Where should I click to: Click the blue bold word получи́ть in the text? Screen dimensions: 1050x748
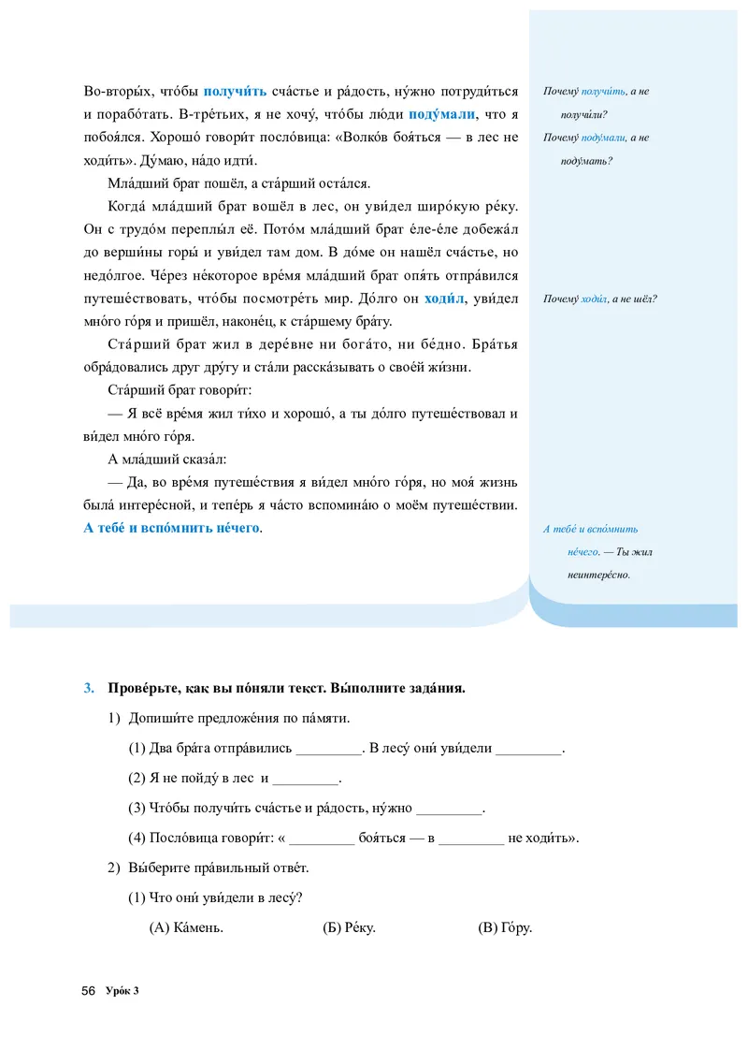coord(235,91)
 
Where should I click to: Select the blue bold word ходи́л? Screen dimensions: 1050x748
coord(444,299)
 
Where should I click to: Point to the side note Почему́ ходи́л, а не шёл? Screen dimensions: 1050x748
coord(599,299)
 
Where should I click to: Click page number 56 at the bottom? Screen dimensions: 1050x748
coord(90,991)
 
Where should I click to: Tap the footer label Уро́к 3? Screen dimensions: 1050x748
coord(123,991)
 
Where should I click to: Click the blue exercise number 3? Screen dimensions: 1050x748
coord(89,689)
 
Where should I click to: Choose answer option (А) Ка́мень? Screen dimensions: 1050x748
coord(186,928)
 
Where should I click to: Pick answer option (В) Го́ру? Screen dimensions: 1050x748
coord(505,928)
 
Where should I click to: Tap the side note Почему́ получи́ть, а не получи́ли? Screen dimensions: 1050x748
coord(596,103)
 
